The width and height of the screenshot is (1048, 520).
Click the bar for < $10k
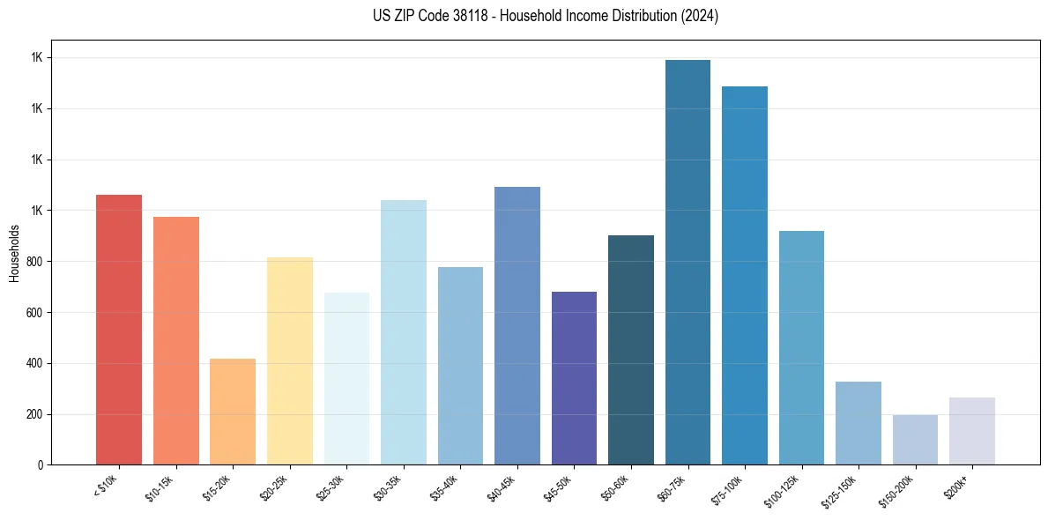click(118, 330)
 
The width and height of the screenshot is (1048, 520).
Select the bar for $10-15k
click(175, 341)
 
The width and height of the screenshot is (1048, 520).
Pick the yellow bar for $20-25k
click(289, 361)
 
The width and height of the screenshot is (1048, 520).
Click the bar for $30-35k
click(403, 332)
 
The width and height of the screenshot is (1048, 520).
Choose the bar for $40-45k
click(517, 326)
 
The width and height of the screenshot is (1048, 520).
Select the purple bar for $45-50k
click(574, 378)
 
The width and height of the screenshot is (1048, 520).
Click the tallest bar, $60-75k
click(688, 263)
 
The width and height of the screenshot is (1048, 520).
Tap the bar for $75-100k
click(745, 276)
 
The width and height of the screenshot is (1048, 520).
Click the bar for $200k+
click(972, 431)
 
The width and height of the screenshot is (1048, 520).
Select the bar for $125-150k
click(858, 423)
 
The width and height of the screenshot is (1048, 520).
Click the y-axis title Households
click(14, 253)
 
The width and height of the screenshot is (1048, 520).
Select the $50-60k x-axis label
click(615, 487)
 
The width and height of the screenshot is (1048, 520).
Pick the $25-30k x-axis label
click(331, 487)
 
